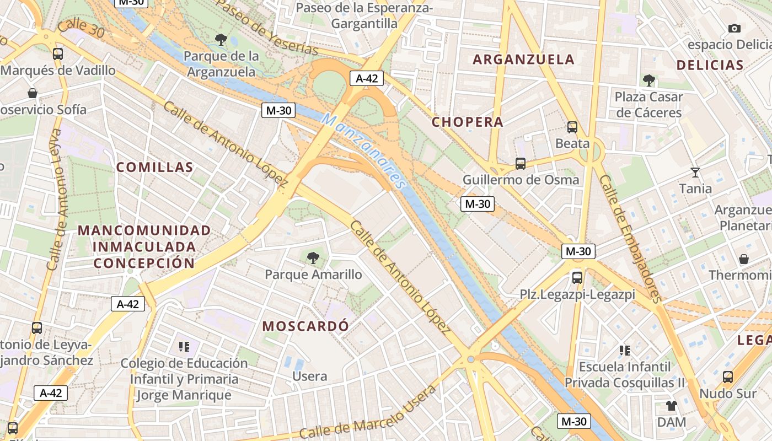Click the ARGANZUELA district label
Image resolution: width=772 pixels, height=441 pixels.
[523, 60]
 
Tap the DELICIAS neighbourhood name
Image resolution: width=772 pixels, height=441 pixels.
[710, 65]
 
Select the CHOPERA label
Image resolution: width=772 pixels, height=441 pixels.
[468, 122]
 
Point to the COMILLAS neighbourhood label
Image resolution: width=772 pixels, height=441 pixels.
[154, 168]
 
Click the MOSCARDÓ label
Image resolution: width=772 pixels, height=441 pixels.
[305, 326]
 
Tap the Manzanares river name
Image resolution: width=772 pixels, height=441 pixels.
[364, 149]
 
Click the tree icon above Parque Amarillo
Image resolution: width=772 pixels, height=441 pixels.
[313, 257]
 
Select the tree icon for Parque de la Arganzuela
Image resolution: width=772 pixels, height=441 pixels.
[221, 39]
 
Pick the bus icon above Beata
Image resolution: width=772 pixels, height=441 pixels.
[572, 127]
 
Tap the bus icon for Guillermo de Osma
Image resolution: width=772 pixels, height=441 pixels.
[520, 163]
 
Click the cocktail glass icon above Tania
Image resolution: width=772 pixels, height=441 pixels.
[695, 173]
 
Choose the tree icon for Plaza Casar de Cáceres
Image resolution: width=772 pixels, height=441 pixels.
[648, 80]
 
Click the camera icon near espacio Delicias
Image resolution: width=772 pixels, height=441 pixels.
[734, 28]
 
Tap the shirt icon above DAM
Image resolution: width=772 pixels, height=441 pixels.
[671, 406]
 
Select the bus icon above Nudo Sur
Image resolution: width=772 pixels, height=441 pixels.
[727, 377]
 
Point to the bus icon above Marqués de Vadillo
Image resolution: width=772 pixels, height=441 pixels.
[57, 54]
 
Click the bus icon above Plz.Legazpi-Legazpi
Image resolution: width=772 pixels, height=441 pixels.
[577, 277]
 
